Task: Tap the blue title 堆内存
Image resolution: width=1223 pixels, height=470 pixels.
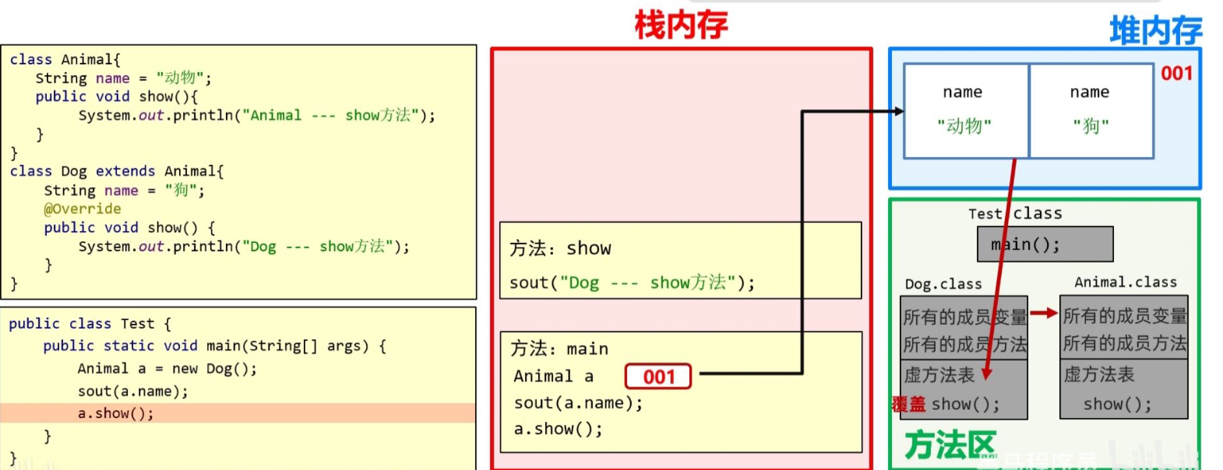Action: pyautogui.click(x=1155, y=31)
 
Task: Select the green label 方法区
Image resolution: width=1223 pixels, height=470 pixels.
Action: pyautogui.click(x=950, y=445)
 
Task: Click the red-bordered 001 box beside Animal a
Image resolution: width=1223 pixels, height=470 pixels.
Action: pyautogui.click(x=658, y=377)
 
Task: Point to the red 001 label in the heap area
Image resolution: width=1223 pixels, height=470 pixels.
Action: pyautogui.click(x=1176, y=73)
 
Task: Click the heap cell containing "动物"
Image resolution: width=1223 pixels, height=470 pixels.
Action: pyautogui.click(x=965, y=111)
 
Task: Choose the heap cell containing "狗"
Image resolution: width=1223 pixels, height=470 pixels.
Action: pyautogui.click(x=1091, y=111)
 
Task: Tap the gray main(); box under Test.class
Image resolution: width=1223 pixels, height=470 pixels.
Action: pyautogui.click(x=1044, y=245)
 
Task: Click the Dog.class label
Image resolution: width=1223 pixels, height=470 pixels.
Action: pyautogui.click(x=943, y=284)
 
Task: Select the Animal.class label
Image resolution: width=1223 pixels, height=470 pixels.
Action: pyautogui.click(x=1125, y=282)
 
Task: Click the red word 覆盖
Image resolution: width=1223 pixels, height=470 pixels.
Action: pyautogui.click(x=909, y=404)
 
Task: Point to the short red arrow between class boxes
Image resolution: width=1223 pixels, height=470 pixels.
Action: pyautogui.click(x=1043, y=314)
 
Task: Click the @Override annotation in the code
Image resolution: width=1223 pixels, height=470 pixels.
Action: pyautogui.click(x=82, y=209)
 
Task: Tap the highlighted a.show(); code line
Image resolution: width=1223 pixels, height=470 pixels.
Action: pyautogui.click(x=116, y=414)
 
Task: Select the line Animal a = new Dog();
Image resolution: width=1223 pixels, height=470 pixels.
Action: pyautogui.click(x=167, y=369)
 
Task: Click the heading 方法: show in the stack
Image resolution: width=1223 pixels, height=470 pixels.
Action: pyautogui.click(x=560, y=249)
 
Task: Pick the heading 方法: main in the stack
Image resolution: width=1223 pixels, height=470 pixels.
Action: pyautogui.click(x=559, y=349)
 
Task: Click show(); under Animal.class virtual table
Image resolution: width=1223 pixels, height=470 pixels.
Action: pyautogui.click(x=1117, y=404)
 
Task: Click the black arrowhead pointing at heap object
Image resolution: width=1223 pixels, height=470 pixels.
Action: pyautogui.click(x=899, y=112)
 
